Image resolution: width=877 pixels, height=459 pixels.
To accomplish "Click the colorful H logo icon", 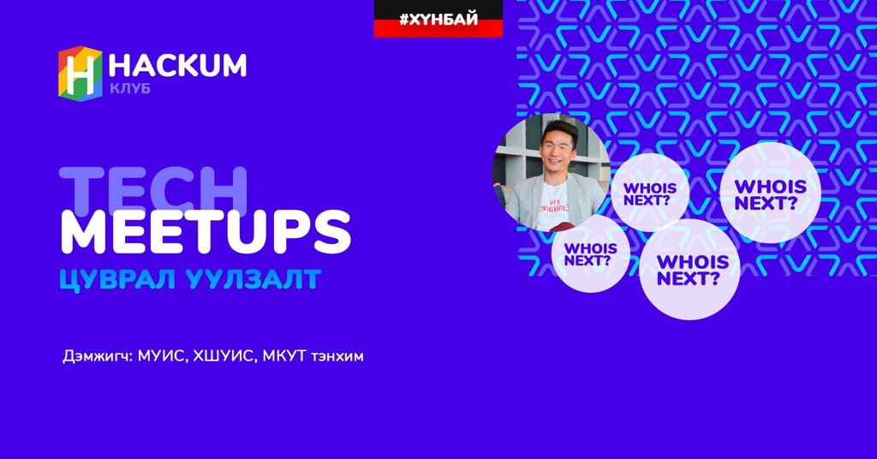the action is tap(80, 74).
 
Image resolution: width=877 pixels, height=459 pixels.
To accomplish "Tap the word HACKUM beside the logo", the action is tap(177, 65).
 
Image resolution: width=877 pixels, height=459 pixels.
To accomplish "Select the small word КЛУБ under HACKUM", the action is tap(130, 88).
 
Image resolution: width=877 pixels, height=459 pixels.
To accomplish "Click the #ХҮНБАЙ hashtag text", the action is tap(438, 19).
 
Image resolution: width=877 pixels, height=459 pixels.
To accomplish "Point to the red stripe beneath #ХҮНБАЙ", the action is tap(438, 31).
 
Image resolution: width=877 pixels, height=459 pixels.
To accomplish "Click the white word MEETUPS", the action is tap(206, 232).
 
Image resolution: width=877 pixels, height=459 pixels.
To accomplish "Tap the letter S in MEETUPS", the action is tap(333, 232).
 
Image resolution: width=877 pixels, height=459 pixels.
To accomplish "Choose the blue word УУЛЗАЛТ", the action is tap(254, 279).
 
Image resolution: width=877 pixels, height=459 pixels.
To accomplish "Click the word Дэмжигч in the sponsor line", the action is tap(98, 356).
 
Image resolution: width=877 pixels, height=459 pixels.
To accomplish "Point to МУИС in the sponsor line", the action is tap(161, 356).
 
